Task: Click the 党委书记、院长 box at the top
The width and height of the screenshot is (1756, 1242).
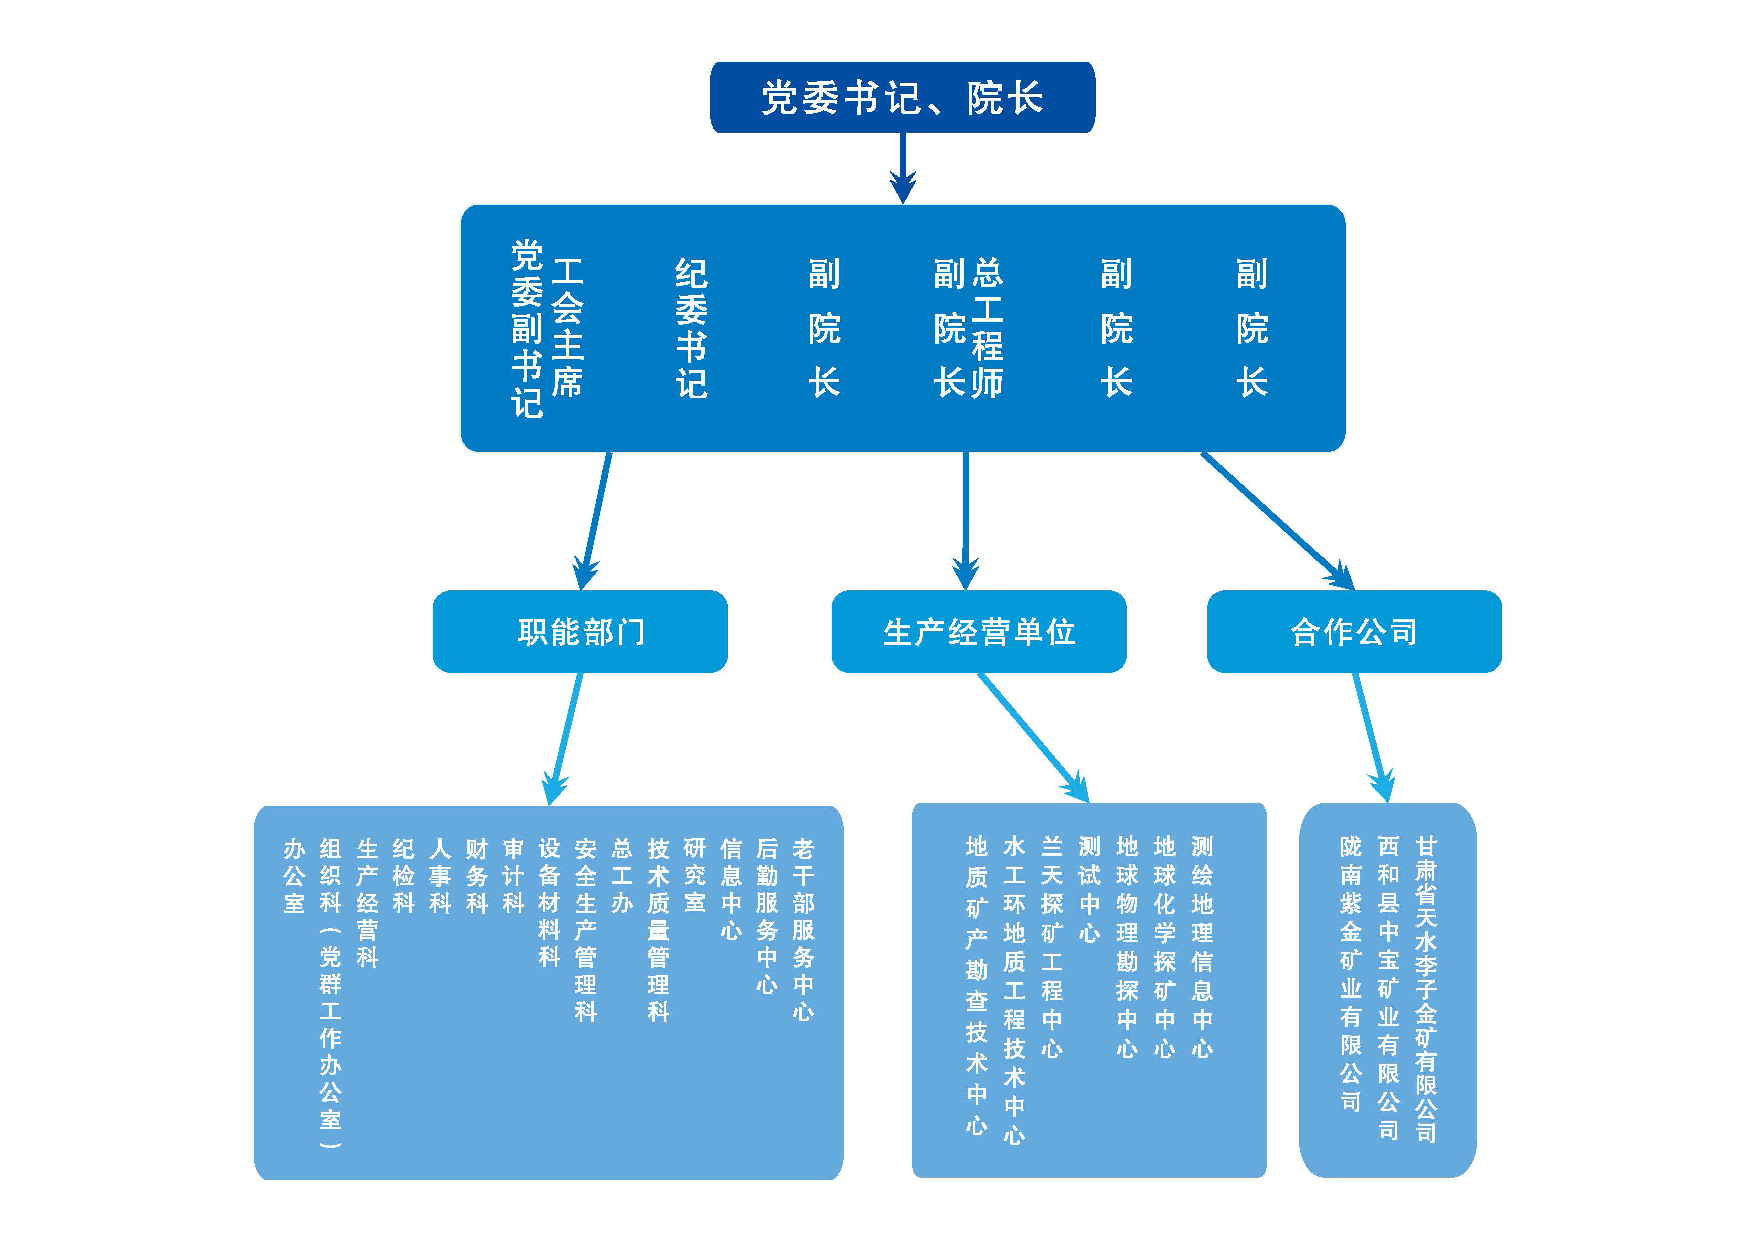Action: [903, 97]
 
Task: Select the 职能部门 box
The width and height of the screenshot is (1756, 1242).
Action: [580, 632]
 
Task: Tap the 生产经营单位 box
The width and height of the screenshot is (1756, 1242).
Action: [979, 632]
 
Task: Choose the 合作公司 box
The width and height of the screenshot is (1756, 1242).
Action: [1354, 632]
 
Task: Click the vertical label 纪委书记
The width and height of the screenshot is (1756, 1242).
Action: [691, 329]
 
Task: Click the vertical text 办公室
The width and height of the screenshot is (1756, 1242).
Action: [294, 876]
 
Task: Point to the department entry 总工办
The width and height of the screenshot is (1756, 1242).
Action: [622, 876]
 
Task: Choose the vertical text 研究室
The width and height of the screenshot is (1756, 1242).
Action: [694, 876]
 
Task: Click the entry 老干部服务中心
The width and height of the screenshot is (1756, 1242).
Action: [803, 929]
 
